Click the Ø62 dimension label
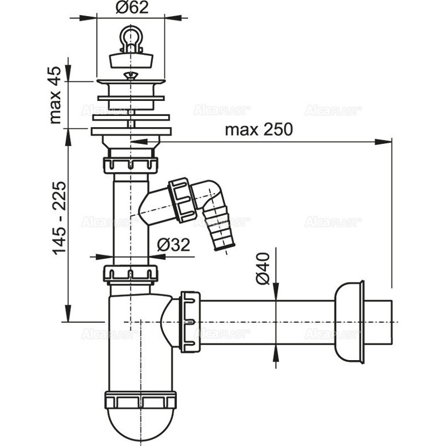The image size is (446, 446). (x=132, y=8)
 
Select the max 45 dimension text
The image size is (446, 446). (x=55, y=95)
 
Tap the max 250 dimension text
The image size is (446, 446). (x=259, y=130)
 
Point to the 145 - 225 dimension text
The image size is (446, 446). (x=59, y=217)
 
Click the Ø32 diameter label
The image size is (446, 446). (x=173, y=244)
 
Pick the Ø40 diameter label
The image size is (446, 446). (x=263, y=269)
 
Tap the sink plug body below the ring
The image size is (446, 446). (x=131, y=60)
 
